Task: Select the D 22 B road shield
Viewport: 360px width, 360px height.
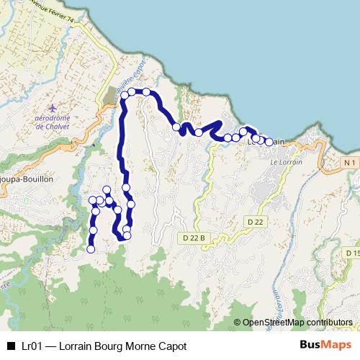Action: (x=194, y=237)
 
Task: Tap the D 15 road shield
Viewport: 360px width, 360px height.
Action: (x=352, y=253)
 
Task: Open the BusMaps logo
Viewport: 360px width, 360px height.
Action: (x=325, y=346)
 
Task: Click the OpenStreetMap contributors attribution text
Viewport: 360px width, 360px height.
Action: (x=297, y=323)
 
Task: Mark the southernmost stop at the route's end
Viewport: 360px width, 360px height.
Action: (x=91, y=249)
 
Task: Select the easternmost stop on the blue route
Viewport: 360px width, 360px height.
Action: (x=269, y=143)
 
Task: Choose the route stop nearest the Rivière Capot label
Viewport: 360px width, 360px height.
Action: (x=132, y=91)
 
